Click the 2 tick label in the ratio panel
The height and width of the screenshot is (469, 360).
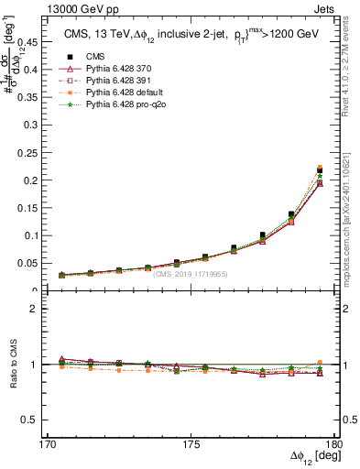coord(38,309)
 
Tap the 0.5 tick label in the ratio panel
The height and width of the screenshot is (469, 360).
coord(33,420)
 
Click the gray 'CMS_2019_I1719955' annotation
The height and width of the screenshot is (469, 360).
coord(191,274)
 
